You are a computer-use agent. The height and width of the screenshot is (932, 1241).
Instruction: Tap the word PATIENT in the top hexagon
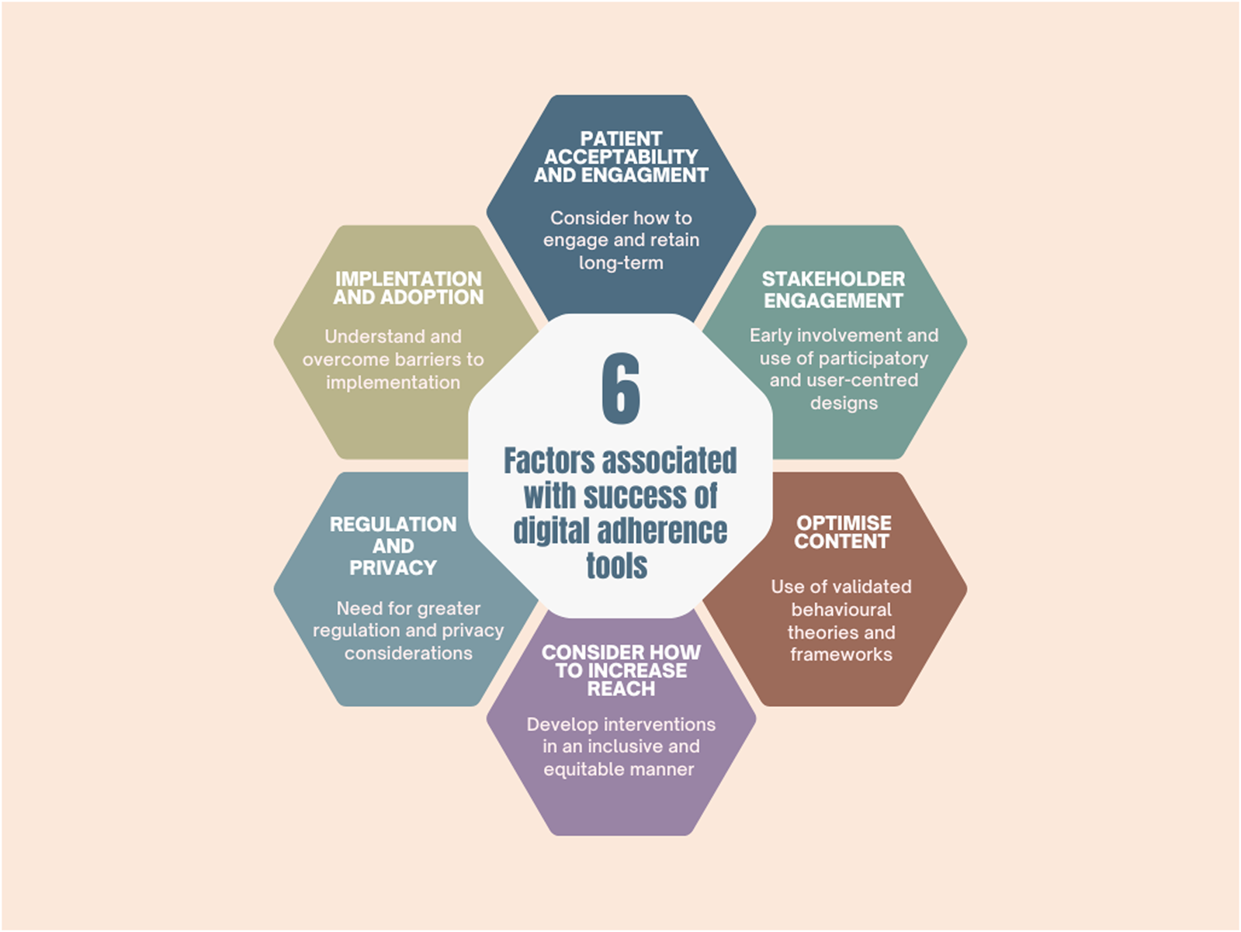click(621, 139)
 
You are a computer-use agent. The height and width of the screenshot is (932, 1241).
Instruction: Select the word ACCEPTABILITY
click(621, 157)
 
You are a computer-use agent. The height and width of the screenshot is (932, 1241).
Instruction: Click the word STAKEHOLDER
click(833, 279)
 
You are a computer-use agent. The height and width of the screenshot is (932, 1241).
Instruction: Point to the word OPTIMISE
click(844, 523)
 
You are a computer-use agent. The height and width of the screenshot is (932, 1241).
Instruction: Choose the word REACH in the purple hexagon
click(621, 689)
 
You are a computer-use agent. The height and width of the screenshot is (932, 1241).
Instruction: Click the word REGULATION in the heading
click(393, 525)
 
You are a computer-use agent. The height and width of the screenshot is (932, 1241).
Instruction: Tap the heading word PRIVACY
click(393, 568)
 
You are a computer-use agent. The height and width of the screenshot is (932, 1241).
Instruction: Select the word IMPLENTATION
click(408, 279)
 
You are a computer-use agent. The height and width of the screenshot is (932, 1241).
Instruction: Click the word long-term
click(621, 263)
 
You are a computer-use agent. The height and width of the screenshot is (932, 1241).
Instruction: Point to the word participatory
click(873, 359)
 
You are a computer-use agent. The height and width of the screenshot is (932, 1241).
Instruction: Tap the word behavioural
click(841, 610)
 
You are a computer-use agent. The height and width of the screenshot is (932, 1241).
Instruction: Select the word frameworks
click(841, 655)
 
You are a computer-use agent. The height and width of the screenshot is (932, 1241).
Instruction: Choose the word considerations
click(408, 653)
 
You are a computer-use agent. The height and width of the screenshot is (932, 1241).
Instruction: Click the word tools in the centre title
click(617, 566)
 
